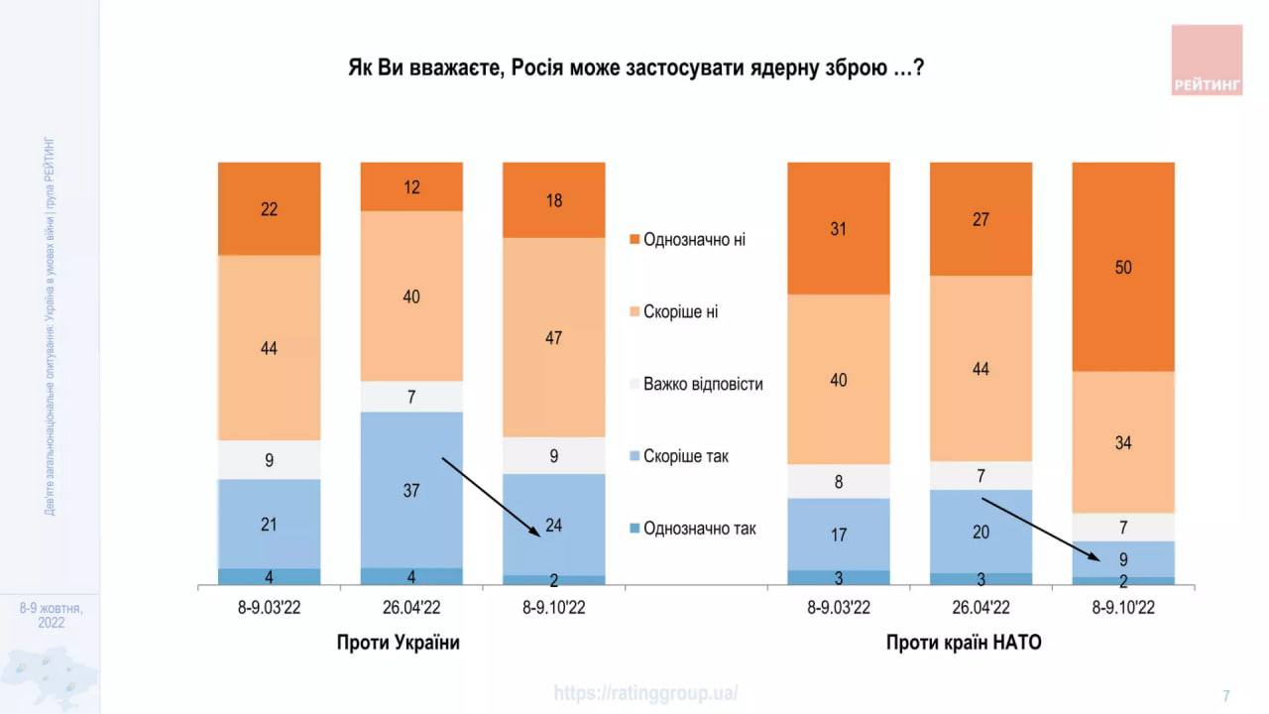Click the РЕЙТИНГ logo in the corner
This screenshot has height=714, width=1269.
1207,59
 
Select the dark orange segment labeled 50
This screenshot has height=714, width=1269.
1123,267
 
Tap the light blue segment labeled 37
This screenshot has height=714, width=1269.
411,490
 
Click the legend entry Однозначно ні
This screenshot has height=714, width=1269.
694,239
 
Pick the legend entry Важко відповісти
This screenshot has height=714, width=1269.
702,384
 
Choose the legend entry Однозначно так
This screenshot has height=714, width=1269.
699,529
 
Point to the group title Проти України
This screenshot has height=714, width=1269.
399,643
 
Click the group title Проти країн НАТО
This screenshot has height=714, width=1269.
964,643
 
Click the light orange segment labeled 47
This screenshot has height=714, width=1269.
554,337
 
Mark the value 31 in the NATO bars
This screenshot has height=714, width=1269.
839,228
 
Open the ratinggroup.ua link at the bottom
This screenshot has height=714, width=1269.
645,693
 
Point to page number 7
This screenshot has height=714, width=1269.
1226,695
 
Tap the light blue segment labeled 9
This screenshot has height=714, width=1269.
1123,558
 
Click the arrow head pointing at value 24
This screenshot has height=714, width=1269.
537,534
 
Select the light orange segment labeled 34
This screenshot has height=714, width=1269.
1123,442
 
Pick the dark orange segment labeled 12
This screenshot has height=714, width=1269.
411,186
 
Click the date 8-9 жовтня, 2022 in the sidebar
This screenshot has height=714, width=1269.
51,615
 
